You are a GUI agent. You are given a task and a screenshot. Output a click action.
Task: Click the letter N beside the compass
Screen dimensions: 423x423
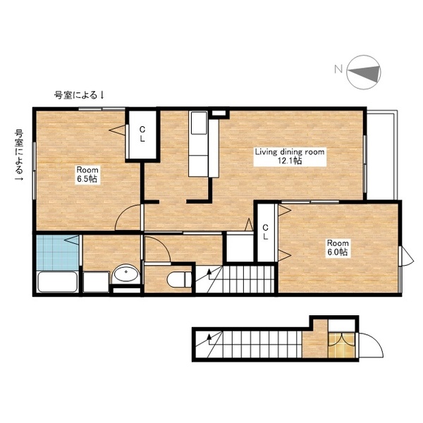point(338,68)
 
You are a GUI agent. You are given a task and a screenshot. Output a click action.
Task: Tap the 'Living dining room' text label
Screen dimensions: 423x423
point(289,151)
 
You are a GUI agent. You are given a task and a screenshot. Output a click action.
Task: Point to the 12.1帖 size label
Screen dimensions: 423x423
point(289,161)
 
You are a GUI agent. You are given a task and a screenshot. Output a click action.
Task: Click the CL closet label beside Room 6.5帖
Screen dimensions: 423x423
point(142,134)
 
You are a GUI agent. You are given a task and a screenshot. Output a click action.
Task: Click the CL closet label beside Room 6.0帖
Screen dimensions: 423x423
point(265,232)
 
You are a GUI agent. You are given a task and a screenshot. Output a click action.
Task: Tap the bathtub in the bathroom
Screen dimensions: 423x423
point(57,283)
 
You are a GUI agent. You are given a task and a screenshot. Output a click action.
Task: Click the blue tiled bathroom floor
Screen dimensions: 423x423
point(56,252)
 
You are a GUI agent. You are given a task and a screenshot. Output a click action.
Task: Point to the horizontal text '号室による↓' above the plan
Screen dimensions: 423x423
point(80,94)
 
